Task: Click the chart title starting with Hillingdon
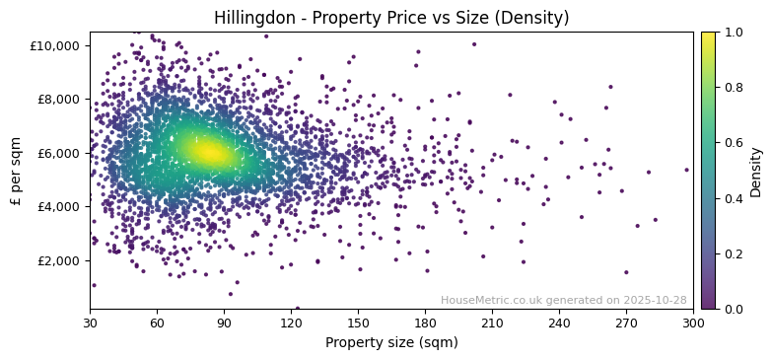point(391,18)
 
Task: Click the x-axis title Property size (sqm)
point(391,342)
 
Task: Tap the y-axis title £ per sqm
point(16,171)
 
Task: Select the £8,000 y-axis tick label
point(57,100)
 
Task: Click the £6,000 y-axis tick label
point(57,153)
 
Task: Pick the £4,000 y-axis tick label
point(57,207)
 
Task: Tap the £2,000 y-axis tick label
point(57,260)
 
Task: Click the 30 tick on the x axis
point(90,323)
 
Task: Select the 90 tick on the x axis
point(224,323)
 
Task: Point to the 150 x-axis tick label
point(358,323)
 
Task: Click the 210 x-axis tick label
point(492,323)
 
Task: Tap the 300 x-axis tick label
point(693,323)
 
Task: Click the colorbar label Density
point(756,171)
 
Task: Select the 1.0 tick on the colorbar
point(734,33)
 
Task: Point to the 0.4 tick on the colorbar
point(734,198)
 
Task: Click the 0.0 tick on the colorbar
point(734,309)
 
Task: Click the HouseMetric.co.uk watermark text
point(563,300)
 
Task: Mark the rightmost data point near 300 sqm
point(687,170)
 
